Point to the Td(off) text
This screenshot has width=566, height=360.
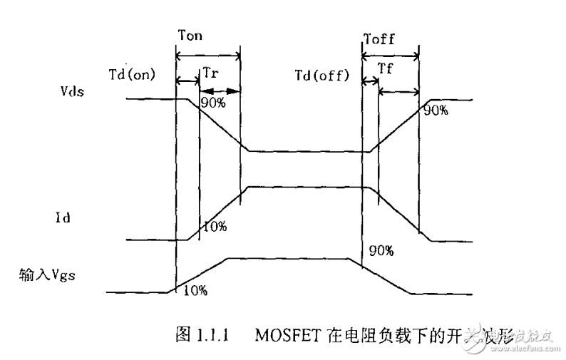(322, 74)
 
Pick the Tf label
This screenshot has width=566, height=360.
(386, 68)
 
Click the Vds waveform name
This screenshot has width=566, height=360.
(74, 91)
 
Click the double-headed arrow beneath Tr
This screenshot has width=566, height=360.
(220, 91)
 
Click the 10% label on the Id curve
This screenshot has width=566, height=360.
(215, 227)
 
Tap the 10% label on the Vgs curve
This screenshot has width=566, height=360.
(195, 290)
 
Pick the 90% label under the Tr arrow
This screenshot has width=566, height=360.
(212, 103)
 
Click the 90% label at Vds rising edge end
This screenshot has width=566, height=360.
(436, 110)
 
